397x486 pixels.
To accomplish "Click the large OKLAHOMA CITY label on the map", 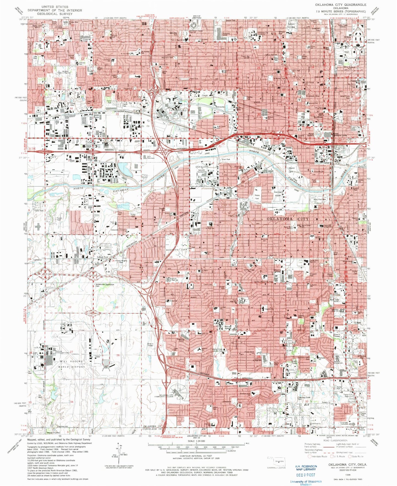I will click(x=288, y=219).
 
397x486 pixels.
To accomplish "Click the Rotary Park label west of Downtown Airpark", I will click(x=257, y=197).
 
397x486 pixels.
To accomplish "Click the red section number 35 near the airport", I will click(x=116, y=404).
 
